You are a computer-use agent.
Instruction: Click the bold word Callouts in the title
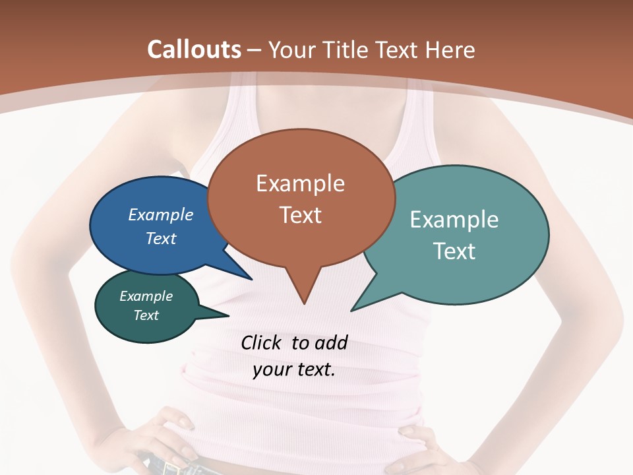pos(195,49)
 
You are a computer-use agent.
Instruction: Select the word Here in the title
pos(449,49)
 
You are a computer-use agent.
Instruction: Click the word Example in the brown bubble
pos(300,183)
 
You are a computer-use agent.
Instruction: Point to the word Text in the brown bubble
pos(300,215)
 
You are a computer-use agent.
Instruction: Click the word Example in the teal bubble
pos(454,220)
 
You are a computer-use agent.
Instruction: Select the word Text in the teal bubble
pos(454,251)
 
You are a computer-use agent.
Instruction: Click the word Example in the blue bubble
pos(161,214)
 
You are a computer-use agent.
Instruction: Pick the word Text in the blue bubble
pos(161,238)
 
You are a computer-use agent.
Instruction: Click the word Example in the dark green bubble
pos(146,296)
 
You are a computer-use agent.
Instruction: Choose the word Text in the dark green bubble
pos(146,315)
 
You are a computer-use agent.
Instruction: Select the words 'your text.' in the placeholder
pos(294,369)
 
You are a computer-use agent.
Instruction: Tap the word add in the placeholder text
pos(331,342)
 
